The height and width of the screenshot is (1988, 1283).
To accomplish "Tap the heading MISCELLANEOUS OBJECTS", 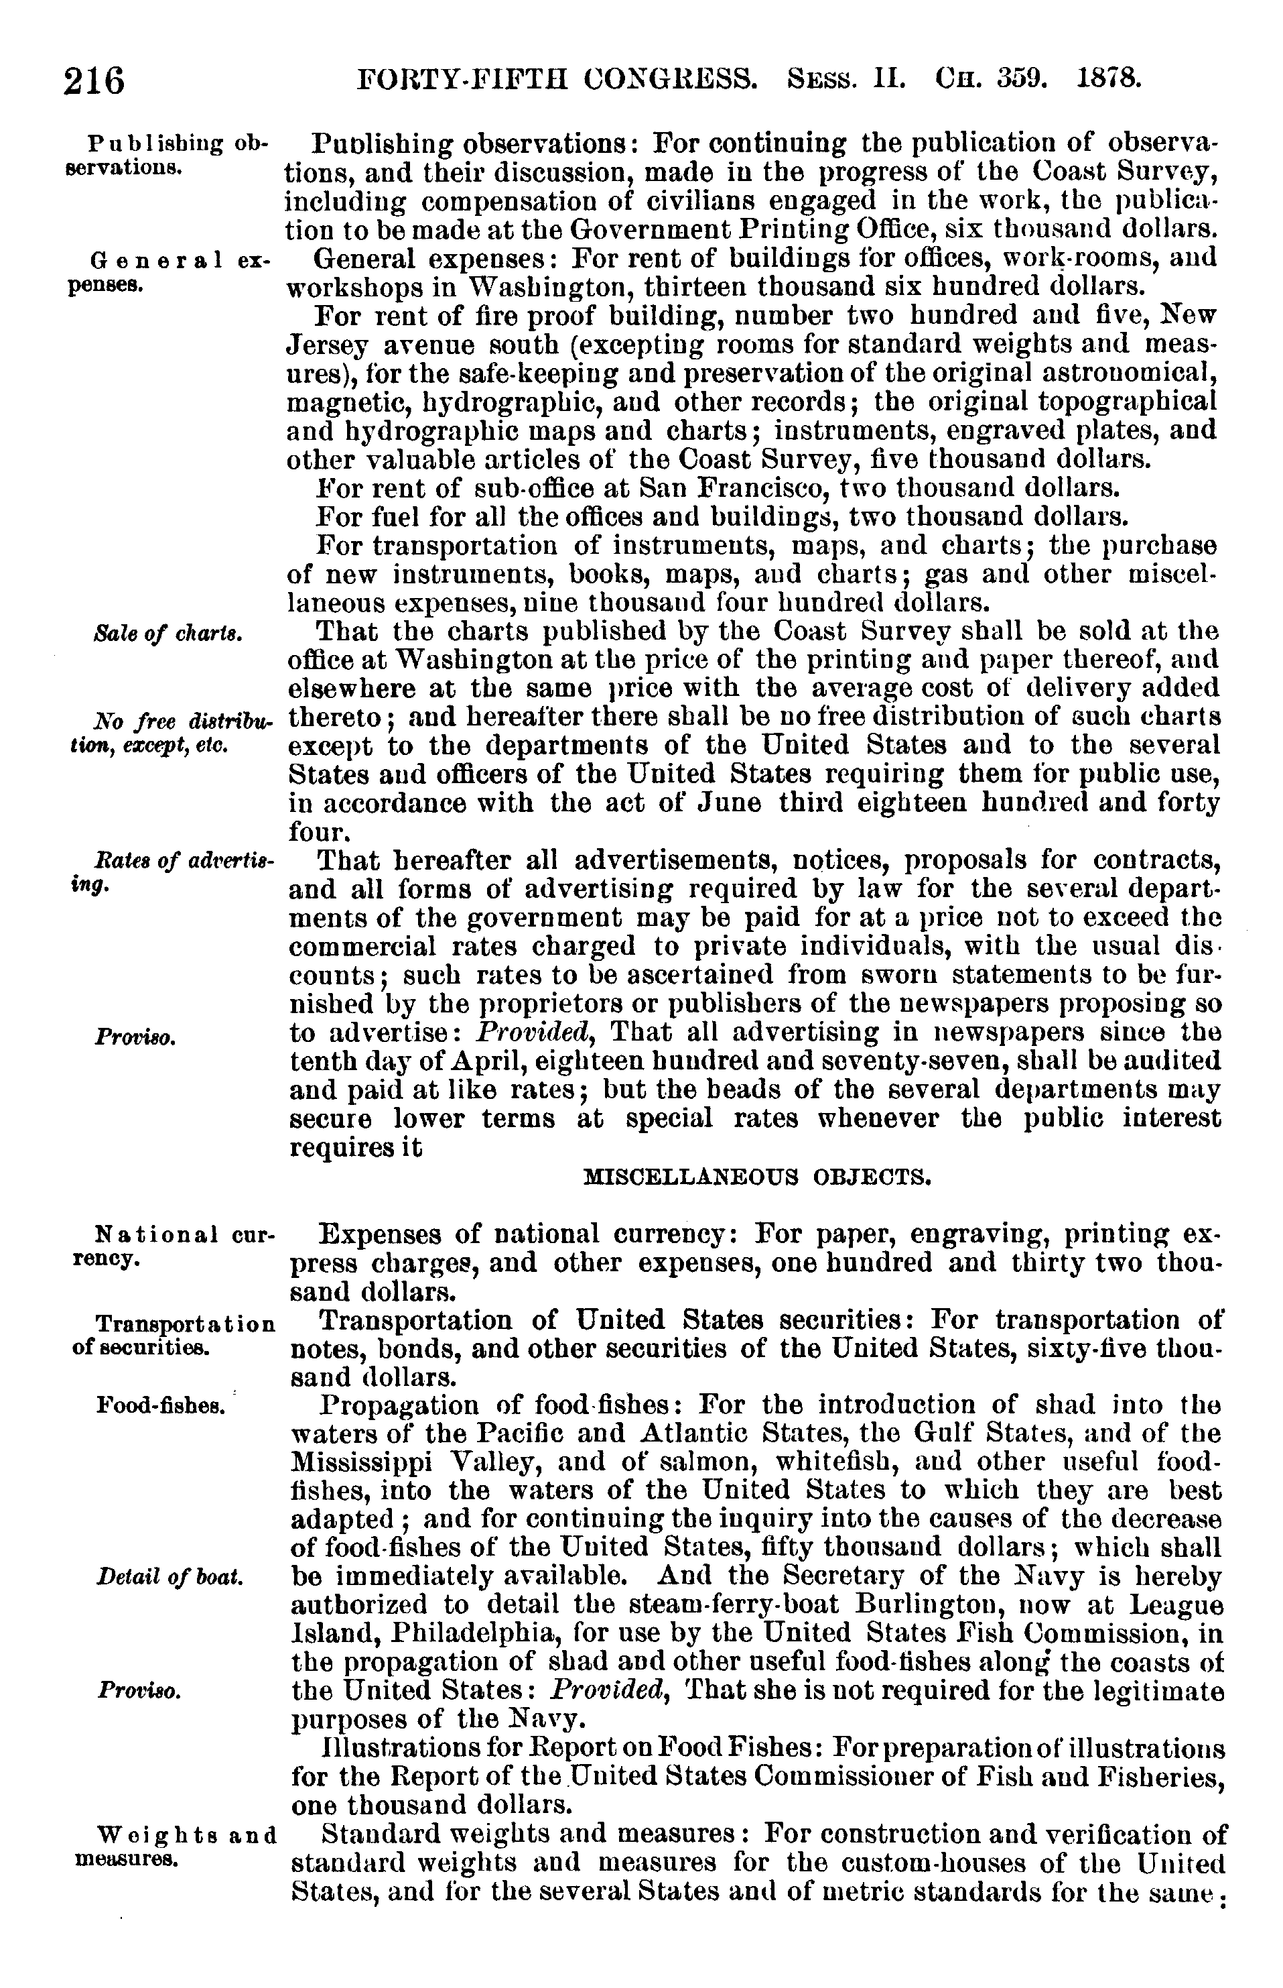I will [756, 1177].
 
